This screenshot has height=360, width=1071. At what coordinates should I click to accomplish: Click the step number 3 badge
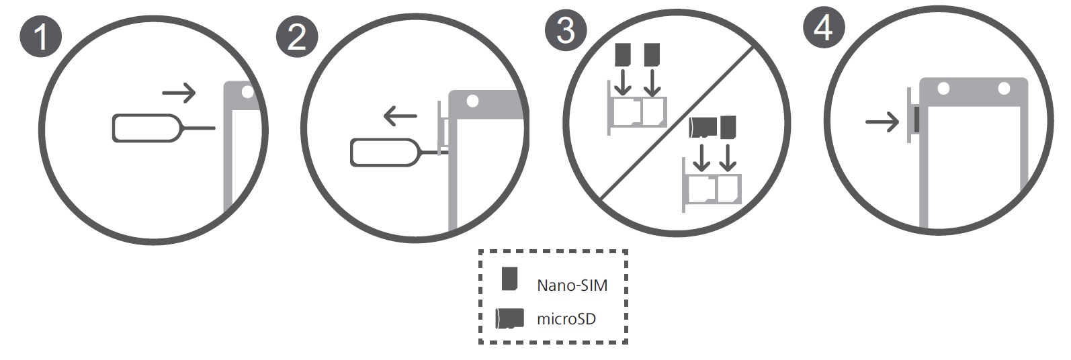point(565,30)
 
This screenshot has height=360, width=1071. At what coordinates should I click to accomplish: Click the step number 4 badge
point(824,28)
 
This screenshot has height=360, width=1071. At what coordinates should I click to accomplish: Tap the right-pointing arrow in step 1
point(179,93)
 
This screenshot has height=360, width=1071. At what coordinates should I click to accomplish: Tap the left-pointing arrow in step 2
point(400,117)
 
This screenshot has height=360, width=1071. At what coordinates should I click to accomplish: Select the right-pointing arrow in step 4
point(882,122)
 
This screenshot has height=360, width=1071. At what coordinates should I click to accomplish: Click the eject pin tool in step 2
point(385,152)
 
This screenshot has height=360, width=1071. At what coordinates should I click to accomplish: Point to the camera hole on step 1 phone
point(248,91)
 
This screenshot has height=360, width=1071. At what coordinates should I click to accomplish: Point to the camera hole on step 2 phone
point(472,101)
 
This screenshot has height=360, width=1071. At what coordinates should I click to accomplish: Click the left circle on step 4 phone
point(943,89)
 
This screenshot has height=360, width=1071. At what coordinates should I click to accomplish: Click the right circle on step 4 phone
point(1004,89)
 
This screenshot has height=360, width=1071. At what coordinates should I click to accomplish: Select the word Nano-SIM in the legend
point(572,285)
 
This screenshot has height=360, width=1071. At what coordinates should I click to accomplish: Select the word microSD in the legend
point(566,319)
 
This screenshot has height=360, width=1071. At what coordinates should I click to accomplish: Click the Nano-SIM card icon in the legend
point(510,279)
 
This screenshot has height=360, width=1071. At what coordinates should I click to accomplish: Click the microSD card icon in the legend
point(509,318)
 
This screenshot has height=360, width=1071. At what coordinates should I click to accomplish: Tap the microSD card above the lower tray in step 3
point(702,127)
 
